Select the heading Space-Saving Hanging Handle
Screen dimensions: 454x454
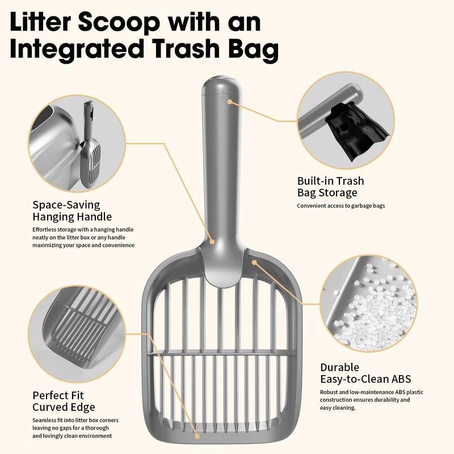pos(72,211)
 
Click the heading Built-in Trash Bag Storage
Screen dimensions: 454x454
pos(330,187)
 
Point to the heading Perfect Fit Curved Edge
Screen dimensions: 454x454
pos(64,401)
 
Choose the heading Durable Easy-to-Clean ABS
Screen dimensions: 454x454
pos(365,373)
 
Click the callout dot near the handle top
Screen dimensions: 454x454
pos(230,102)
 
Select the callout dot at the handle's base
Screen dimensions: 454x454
pos(212,242)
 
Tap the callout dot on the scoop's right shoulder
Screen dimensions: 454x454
pos(254,262)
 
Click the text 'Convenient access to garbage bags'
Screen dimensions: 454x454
pos(340,205)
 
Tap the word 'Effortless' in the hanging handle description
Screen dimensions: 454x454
pos(46,229)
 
